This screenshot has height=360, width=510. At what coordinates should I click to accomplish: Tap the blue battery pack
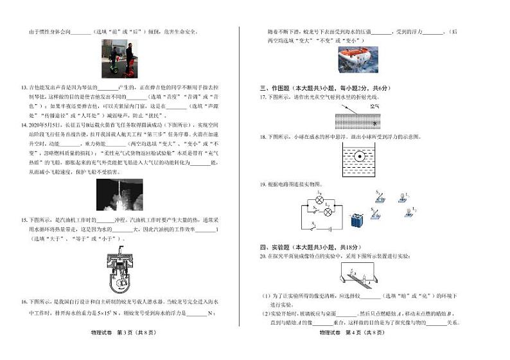[357, 220]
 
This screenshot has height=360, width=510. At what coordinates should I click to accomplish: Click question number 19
[263, 184]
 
